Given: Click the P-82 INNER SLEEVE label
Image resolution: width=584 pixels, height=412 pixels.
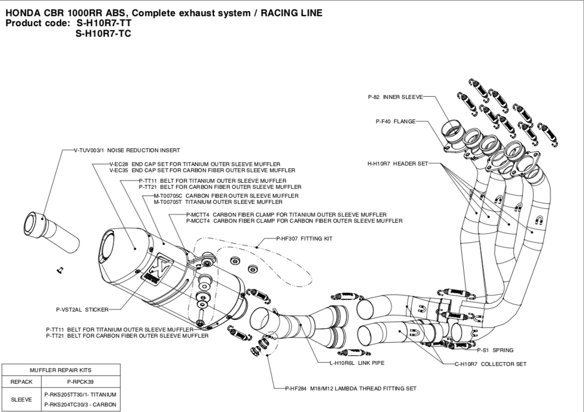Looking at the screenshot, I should click(395, 97).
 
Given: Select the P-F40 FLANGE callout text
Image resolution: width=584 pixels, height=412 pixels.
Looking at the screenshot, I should click(395, 121).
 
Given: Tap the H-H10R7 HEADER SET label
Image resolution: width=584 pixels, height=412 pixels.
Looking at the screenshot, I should click(398, 164).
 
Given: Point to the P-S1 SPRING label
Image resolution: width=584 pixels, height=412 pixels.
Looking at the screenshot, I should click(495, 350).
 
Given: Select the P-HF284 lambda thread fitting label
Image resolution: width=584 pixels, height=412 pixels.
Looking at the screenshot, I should click(350, 388).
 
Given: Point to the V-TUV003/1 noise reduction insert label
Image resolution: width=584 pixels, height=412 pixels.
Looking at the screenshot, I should click(127, 150).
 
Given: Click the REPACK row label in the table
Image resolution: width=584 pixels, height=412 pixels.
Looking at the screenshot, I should click(22, 382).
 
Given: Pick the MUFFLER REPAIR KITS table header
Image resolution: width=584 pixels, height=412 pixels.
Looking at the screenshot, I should click(61, 370).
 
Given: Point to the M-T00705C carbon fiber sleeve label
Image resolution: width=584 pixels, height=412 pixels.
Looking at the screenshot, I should click(226, 196).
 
